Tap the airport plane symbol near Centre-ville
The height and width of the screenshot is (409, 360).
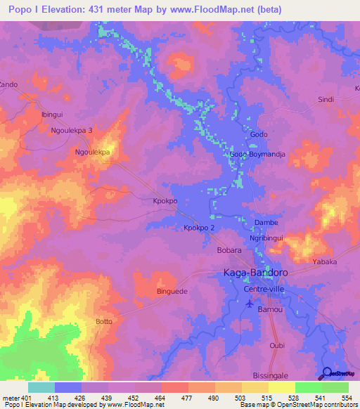pos(249,304)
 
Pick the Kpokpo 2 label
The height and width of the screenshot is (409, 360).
pos(199,228)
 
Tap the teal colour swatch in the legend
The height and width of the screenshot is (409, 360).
pos(41,388)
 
